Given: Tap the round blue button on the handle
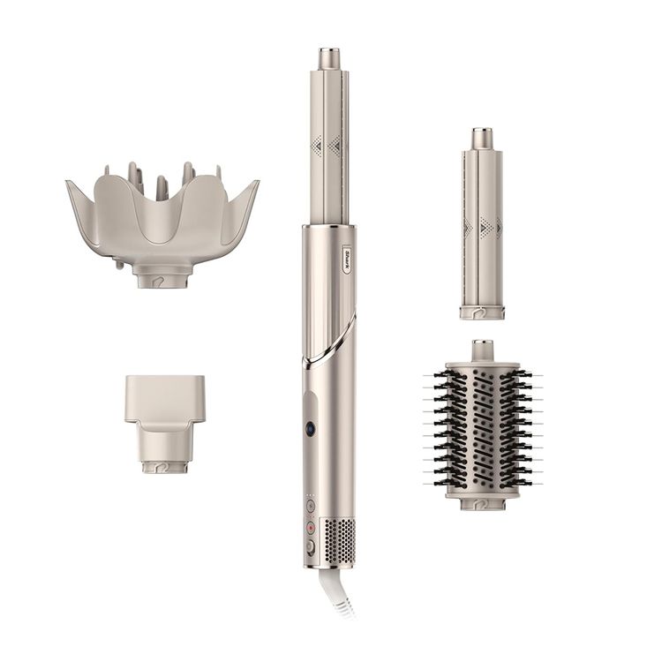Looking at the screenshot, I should click(312, 427).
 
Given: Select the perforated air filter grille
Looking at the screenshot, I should click(340, 537).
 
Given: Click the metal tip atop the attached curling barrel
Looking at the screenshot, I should click(329, 59).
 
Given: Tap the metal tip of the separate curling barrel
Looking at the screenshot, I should click(481, 139).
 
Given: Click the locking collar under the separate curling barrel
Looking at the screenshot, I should click(481, 311).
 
